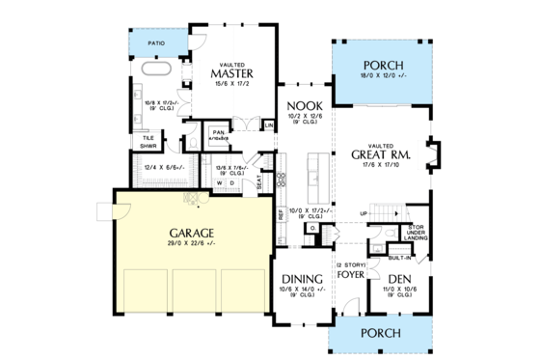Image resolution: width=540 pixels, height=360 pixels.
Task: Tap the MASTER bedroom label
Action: [x=231, y=73]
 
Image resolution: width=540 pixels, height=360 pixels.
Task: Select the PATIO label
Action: [x=155, y=43]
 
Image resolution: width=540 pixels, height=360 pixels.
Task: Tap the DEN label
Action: [x=397, y=277]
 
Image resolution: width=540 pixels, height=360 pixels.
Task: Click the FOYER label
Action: [x=350, y=275]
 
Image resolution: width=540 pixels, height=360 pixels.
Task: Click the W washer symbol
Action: [x=219, y=181]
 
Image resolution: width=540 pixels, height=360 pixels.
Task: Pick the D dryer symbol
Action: [x=231, y=181]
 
